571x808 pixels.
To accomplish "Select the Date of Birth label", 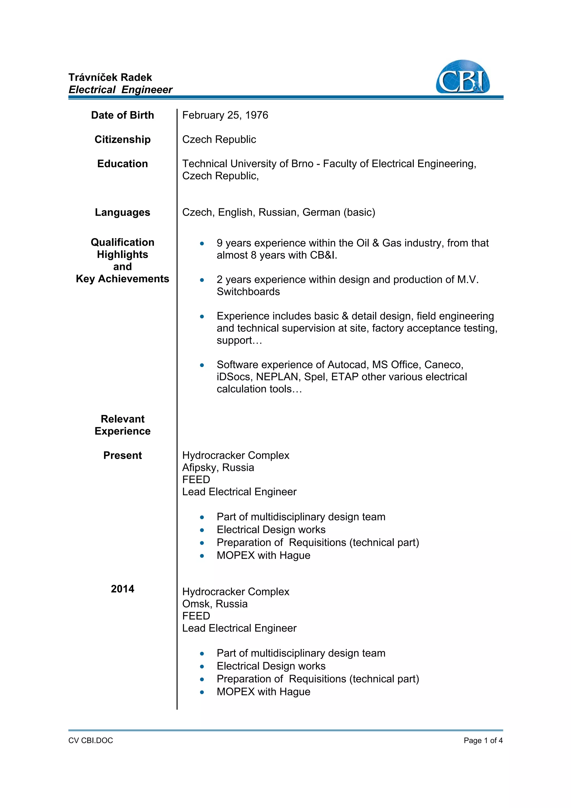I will pos(122,115).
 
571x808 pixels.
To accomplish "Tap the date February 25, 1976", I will pos(225,115).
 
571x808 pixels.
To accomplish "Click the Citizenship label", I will pos(122,139).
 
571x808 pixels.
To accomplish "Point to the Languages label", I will pos(122,212).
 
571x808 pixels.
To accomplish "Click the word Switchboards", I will pos(248,291).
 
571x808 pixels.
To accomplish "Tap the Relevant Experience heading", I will pos(122,425).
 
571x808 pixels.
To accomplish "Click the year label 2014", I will pos(122,589).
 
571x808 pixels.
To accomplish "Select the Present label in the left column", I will pos(122,455).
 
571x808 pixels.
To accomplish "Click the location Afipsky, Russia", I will pos(218,467).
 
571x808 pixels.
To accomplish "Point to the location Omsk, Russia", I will pos(215,604).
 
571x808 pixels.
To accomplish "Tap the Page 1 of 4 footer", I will pos(483,741).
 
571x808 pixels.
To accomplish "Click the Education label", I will pos(122,164).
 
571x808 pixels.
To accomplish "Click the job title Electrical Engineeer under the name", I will pos(121,90).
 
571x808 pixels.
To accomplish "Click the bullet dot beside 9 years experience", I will pos(202,243).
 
